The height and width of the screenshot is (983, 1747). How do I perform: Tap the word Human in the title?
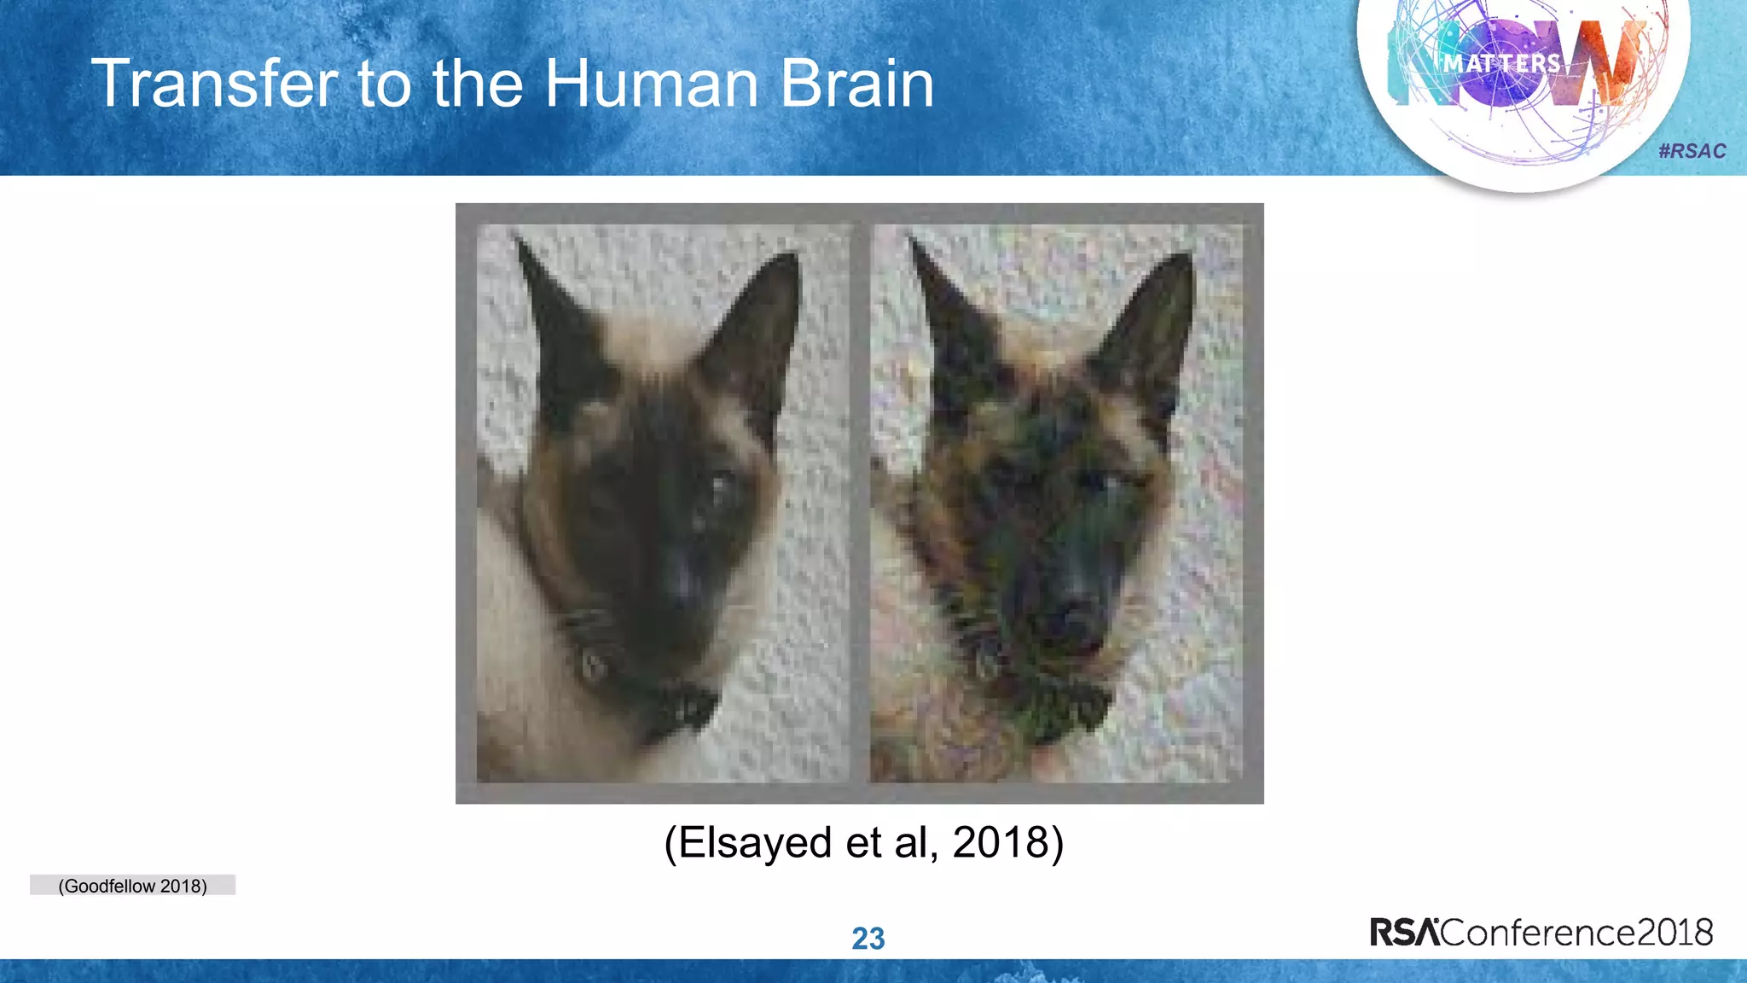[x=652, y=84]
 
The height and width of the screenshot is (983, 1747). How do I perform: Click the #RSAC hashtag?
[x=1692, y=151]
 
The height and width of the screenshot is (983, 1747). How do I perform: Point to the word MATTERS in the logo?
[x=1502, y=63]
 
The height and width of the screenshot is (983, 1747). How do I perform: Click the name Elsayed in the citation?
[x=755, y=843]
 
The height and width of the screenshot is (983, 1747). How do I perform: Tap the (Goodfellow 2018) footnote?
[x=132, y=886]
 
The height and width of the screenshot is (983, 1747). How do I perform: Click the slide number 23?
[x=868, y=939]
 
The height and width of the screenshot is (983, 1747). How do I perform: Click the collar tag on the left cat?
[x=591, y=661]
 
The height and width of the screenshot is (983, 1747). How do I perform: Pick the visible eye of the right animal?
[x=1100, y=483]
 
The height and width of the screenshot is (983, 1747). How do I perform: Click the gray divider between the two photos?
[x=860, y=503]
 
